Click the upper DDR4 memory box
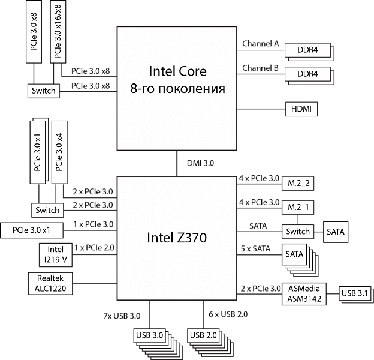307,50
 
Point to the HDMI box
301,109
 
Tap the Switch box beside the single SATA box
298,232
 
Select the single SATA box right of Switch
336,232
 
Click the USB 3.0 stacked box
150,335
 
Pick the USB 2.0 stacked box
203,335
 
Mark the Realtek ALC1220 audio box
50,283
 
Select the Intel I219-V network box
56,254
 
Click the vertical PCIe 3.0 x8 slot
35,31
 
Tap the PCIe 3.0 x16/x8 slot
58,31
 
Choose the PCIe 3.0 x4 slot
59,153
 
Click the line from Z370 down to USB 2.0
203,314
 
